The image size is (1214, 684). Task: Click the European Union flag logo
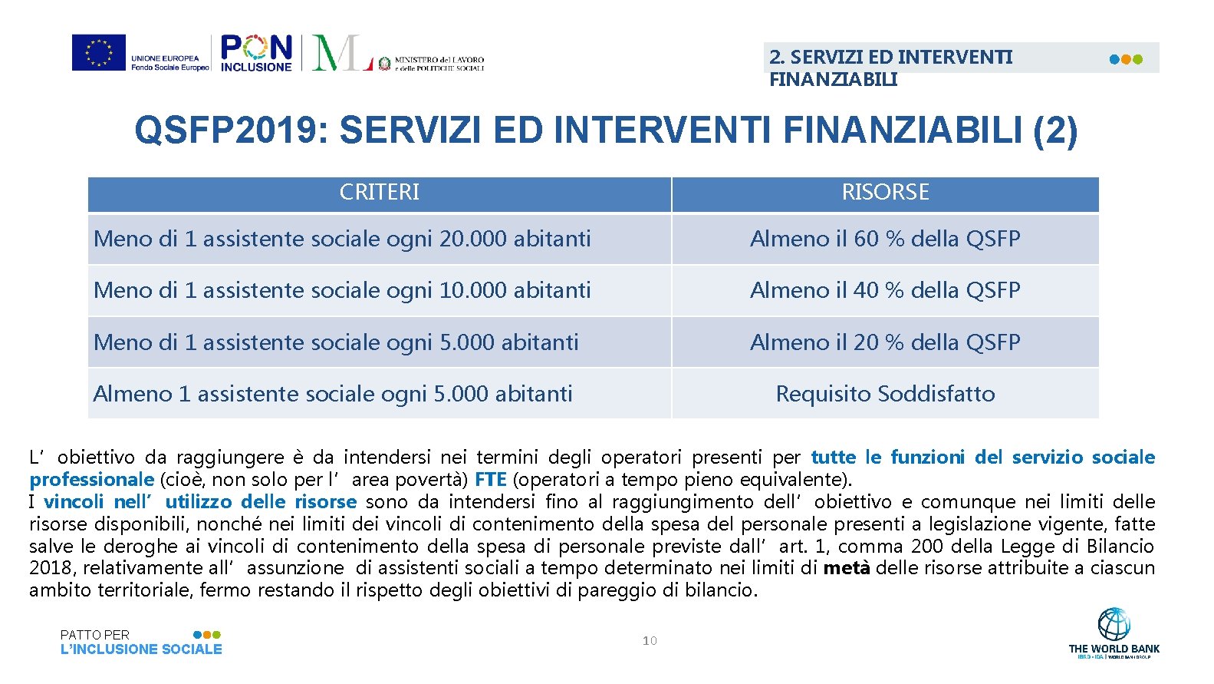pyautogui.click(x=99, y=53)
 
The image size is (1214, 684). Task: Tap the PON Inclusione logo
pyautogui.click(x=256, y=53)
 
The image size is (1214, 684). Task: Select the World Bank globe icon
pyautogui.click(x=1114, y=625)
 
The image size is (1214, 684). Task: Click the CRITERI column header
pyautogui.click(x=379, y=192)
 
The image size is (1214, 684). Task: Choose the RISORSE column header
pyautogui.click(x=885, y=192)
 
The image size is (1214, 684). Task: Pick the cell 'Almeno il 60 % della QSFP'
pyautogui.click(x=885, y=239)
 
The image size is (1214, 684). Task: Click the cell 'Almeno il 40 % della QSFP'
pyautogui.click(x=885, y=290)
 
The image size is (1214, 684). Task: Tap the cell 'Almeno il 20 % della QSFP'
pyautogui.click(x=885, y=342)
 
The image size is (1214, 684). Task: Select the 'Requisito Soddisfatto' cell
pyautogui.click(x=885, y=394)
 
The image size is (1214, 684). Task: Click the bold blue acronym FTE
pyautogui.click(x=490, y=480)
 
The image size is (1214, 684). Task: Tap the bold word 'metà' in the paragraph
pyautogui.click(x=846, y=568)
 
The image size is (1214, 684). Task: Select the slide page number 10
pyautogui.click(x=650, y=640)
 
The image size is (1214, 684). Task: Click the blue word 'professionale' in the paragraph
pyautogui.click(x=91, y=480)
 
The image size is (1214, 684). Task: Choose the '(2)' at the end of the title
pyautogui.click(x=1054, y=131)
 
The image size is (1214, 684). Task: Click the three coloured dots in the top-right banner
pyautogui.click(x=1126, y=59)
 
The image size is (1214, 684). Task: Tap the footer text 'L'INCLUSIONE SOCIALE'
pyautogui.click(x=141, y=649)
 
